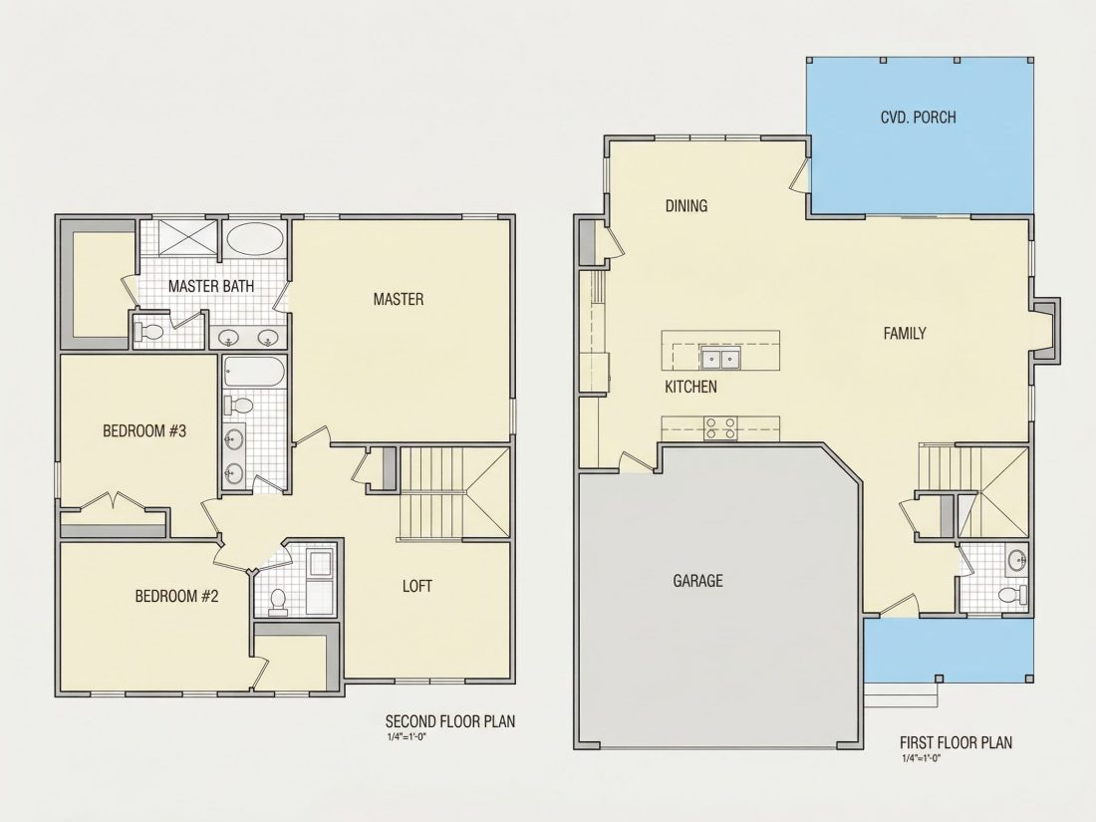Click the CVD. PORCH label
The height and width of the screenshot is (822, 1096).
[x=918, y=117]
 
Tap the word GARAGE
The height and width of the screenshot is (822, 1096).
[x=697, y=580]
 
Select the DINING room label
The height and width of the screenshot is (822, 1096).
[x=685, y=205]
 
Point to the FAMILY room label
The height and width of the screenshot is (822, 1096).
[x=905, y=334]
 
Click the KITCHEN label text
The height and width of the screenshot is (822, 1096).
[x=690, y=387]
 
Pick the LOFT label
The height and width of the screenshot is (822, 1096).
[x=416, y=586]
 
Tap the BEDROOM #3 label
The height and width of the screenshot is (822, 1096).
[x=144, y=430]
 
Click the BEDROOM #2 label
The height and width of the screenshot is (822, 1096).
[x=176, y=596]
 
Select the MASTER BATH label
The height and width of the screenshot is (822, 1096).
[x=211, y=286]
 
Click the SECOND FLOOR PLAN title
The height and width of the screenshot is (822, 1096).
[x=450, y=720]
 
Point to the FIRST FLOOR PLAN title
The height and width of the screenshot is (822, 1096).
[x=956, y=742]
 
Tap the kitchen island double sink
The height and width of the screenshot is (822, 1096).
[x=720, y=360]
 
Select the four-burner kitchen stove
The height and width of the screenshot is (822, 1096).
[x=720, y=428]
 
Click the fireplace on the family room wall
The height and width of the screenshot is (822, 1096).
[x=1045, y=332]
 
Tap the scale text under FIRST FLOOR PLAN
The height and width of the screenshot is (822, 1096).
[x=922, y=757]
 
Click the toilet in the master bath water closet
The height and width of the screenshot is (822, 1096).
[x=148, y=331]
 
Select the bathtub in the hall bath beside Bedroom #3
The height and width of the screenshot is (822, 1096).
[x=254, y=372]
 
